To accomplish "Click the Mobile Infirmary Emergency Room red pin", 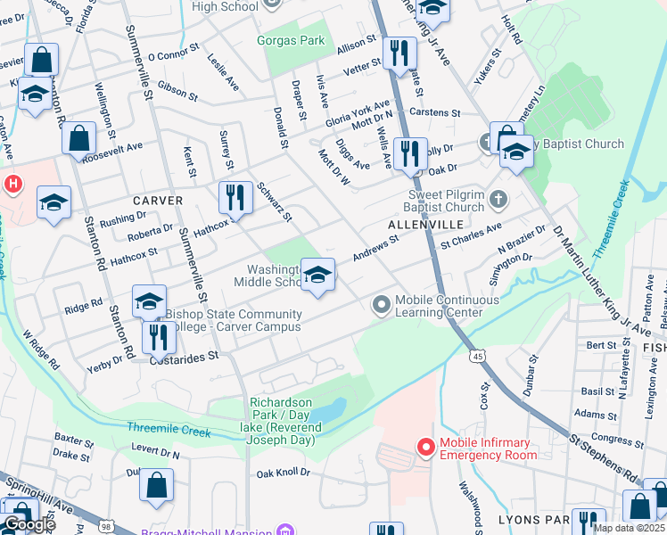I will (x=425, y=447).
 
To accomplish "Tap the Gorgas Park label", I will (x=294, y=40).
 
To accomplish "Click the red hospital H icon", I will (x=12, y=185).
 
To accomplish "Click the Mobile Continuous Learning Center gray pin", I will (x=382, y=306).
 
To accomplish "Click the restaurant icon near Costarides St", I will (x=158, y=336).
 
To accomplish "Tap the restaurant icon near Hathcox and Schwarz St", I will (x=235, y=197).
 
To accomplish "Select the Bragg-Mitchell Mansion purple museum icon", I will (x=285, y=531).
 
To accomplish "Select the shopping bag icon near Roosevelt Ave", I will (x=78, y=138).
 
